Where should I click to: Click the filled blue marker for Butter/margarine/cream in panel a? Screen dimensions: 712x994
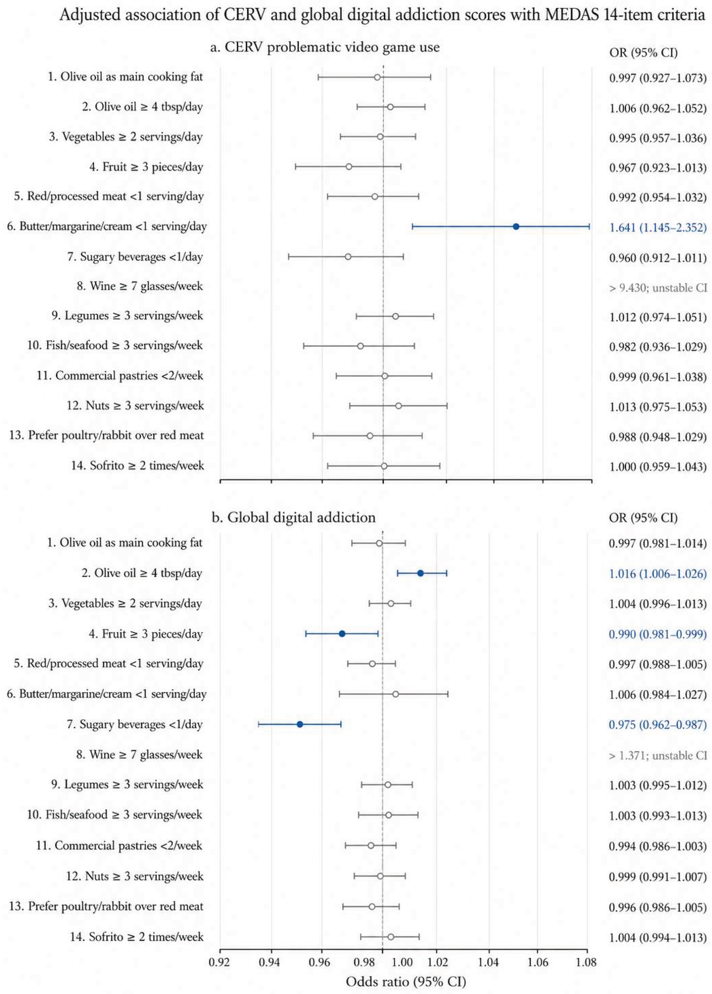[516, 226]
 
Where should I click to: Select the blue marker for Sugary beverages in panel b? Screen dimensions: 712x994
[300, 724]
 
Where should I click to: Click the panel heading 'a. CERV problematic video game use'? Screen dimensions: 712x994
[325, 47]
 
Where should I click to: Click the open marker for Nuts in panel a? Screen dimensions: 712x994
[398, 406]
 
